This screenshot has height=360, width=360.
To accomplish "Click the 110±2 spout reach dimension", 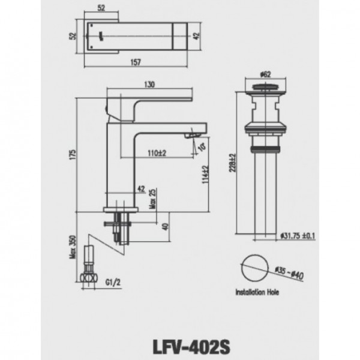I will [x=157, y=153].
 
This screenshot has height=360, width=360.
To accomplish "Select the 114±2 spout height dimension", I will [x=205, y=174].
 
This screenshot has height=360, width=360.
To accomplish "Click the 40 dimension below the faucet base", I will [x=165, y=227].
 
